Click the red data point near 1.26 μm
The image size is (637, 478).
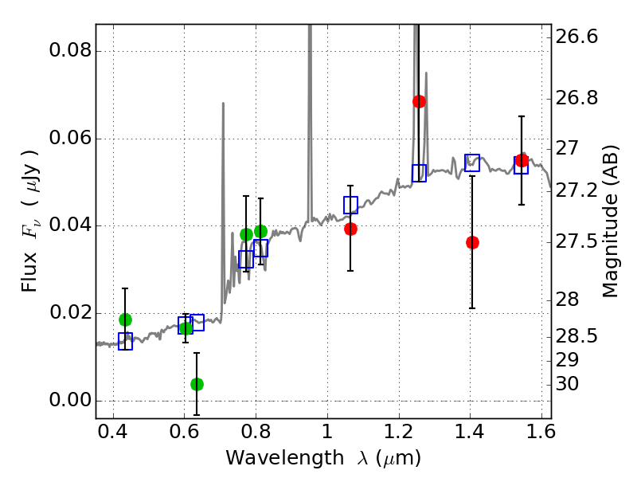tap(419, 101)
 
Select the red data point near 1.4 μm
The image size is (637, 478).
tap(472, 242)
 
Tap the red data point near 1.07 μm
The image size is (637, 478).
tap(350, 229)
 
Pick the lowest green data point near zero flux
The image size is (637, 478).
tap(197, 384)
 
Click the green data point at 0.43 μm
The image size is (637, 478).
tap(125, 319)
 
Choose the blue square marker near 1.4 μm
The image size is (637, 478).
tap(472, 163)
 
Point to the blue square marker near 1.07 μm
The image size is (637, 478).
tap(350, 205)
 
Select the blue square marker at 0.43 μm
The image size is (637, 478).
tap(125, 341)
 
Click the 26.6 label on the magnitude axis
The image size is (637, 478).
tap(577, 37)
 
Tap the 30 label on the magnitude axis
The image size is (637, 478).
tap(570, 384)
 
